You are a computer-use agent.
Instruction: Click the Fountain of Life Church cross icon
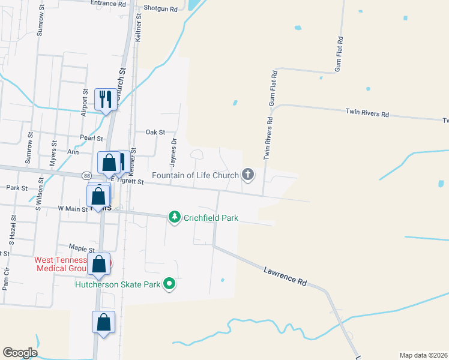[248, 175]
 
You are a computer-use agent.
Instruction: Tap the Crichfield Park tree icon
[175, 217]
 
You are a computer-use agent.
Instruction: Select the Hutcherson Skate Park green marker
[170, 284]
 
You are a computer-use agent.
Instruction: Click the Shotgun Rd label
[161, 10]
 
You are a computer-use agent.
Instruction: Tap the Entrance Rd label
[109, 3]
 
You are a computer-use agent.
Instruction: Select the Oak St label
[155, 132]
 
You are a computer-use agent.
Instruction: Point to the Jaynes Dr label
[173, 152]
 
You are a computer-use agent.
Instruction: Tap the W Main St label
[72, 209]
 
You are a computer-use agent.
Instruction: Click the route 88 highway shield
[88, 175]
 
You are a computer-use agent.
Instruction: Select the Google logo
[20, 353]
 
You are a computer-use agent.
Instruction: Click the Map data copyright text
[423, 355]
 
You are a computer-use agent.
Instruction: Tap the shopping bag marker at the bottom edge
[103, 322]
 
